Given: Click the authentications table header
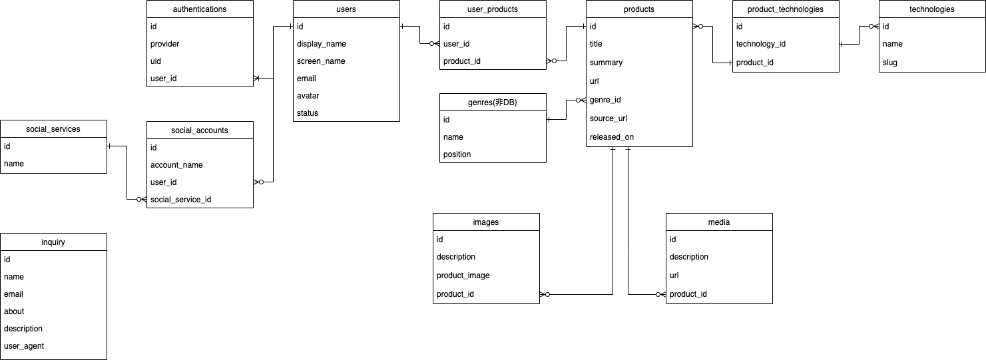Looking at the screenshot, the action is coord(200,9).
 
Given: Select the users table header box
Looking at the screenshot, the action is coord(346,9).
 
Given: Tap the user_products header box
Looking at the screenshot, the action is coord(493,9).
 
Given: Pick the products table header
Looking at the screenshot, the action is coord(639,9).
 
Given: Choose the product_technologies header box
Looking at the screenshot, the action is coord(786,9).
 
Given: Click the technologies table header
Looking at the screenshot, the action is coord(932,9).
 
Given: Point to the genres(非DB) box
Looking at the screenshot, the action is coord(493,102).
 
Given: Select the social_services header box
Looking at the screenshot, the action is coord(53,129).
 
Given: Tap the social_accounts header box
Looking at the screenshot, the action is coord(200,130).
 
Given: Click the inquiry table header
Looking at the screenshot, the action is coord(53,242).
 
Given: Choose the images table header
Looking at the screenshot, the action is coord(486,222).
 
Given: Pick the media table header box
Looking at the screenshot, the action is coord(719,222).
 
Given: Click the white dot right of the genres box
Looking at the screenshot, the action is coord(578,100).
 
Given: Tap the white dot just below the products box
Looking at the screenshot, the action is coord(700,27).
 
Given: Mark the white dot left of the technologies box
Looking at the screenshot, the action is coord(871,27).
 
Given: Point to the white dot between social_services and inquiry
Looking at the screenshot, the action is coord(138,199).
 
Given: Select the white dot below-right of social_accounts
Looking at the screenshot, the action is coord(261,182).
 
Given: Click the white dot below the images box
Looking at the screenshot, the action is coord(547,294).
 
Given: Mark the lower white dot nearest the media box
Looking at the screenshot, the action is coord(658,294).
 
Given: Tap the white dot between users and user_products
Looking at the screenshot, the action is coord(431,44).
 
